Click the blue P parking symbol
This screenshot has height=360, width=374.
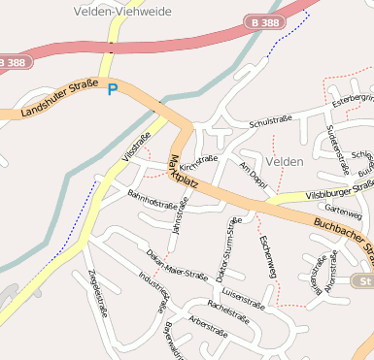click(x=113, y=89)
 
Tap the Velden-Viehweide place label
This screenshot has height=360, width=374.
click(x=115, y=12)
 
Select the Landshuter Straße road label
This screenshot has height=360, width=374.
click(x=58, y=100)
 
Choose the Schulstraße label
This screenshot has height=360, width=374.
click(x=271, y=121)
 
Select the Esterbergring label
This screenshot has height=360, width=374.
click(x=353, y=100)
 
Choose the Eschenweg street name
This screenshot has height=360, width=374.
click(x=267, y=257)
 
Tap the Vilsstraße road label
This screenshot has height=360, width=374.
click(x=137, y=147)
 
